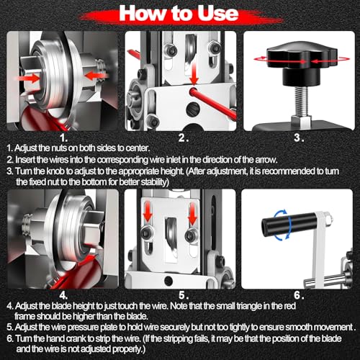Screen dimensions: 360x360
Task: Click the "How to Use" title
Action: click(179, 13)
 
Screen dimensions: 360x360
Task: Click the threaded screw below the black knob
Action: click(302, 102)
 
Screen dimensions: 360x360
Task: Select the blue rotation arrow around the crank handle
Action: click(284, 225)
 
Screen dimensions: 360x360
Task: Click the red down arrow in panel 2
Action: click(194, 73)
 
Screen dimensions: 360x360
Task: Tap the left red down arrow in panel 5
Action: click(148, 212)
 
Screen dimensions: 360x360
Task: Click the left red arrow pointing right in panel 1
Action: click(27, 78)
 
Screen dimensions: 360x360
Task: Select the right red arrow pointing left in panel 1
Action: click(96, 76)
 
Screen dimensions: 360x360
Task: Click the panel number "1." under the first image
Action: click(63, 138)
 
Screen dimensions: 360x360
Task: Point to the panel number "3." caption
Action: click(299, 138)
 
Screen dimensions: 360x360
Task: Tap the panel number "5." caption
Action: click(184, 295)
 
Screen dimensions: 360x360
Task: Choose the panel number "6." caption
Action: click(299, 295)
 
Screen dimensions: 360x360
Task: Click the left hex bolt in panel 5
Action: click(147, 233)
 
